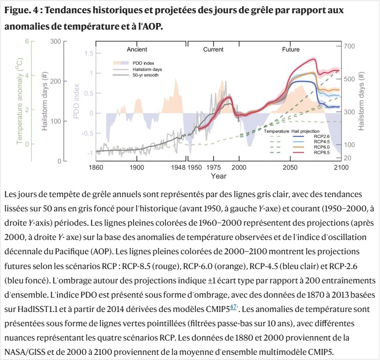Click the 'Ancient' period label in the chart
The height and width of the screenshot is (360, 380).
137,50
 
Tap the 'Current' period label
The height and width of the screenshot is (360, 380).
213,50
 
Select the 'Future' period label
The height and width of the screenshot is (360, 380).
291,50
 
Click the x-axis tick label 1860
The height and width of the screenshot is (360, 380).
96,167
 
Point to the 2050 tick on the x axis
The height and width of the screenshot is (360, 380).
290,167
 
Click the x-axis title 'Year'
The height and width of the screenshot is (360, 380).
219,176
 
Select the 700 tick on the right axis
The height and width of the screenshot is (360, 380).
349,46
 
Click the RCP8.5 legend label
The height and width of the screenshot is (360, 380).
322,153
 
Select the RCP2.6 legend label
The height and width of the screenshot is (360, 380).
322,136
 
